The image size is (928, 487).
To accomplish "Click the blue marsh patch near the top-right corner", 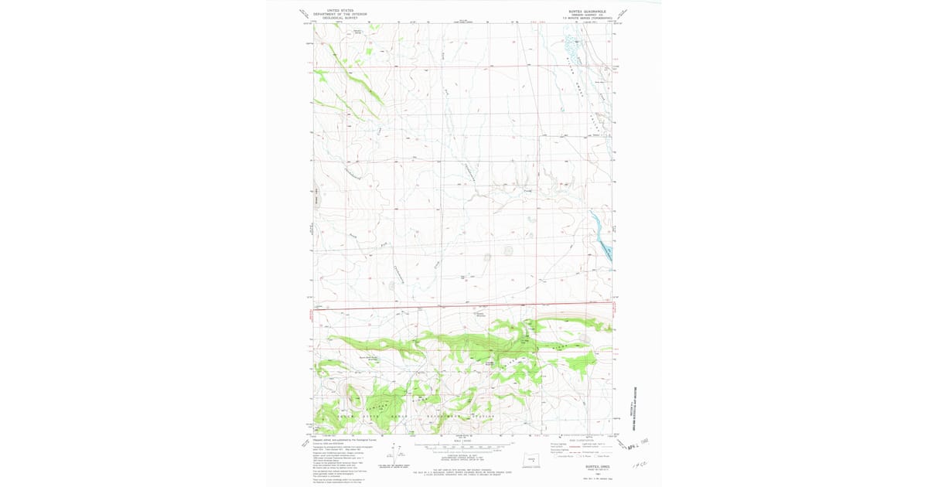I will pyautogui.click(x=573, y=46).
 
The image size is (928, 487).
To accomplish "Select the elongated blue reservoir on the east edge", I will pyautogui.click(x=602, y=232).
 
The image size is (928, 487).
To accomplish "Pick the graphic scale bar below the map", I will pyautogui.click(x=464, y=447).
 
